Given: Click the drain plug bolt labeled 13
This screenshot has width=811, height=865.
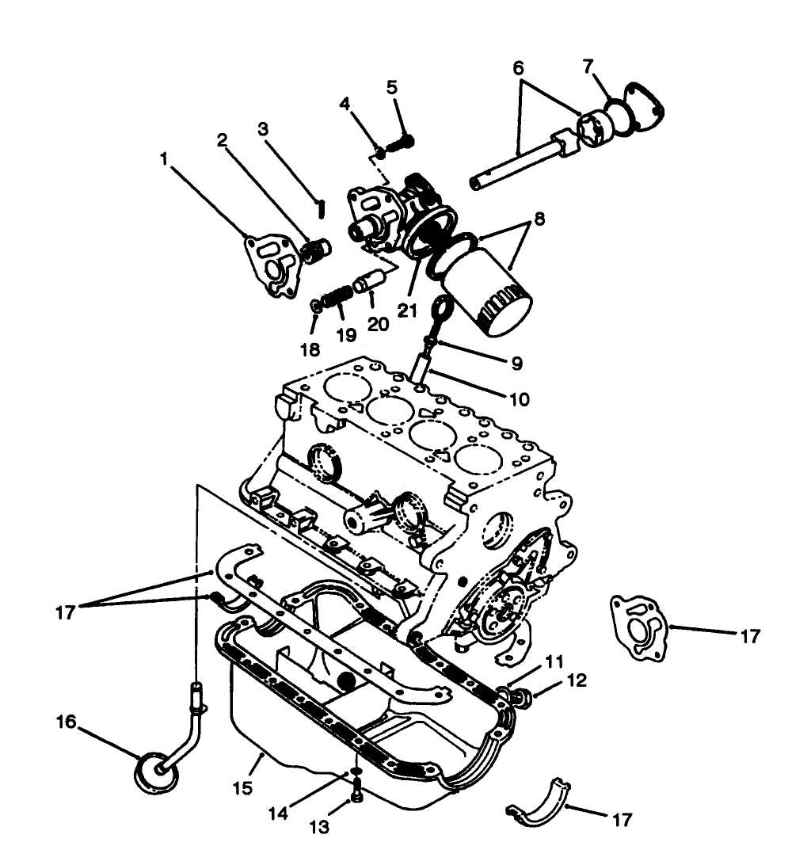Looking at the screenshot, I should (356, 789).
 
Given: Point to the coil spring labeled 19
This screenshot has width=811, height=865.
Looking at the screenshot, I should (338, 300).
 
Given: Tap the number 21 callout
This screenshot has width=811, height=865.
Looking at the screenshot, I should (407, 311).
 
